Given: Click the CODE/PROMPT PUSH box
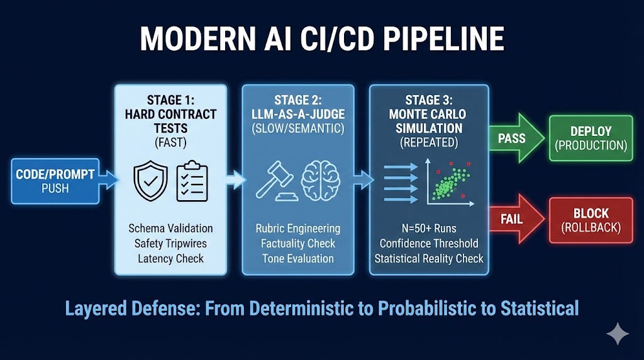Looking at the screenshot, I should point(55,181).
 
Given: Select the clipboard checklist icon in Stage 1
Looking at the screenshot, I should point(192,181).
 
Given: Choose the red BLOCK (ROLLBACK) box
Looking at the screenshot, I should point(591,220).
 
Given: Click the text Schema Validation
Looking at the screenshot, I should point(170,228).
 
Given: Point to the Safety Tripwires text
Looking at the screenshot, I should point(170,244).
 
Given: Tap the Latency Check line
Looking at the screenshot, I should point(170,259).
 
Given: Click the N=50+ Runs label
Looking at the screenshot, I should point(429,228).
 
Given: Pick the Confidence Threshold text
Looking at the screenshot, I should point(429,244).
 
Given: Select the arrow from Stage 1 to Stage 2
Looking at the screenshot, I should point(235,181).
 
